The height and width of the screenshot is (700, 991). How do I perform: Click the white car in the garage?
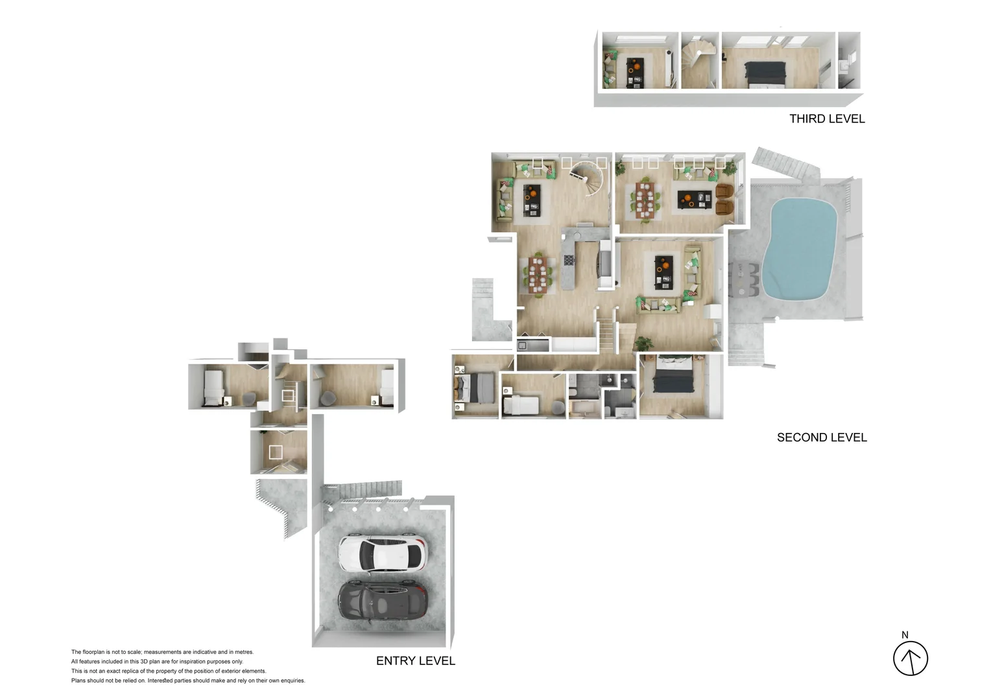tap(383, 554)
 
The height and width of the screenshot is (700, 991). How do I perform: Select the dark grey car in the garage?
tap(383, 603)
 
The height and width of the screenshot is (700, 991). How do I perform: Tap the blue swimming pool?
tap(798, 249)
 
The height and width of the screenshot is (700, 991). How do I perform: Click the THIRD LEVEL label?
tap(827, 119)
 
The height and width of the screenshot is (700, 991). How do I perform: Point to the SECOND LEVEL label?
tap(822, 437)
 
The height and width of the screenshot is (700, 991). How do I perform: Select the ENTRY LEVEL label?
tap(416, 661)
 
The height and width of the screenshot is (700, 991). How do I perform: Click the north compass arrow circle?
tap(911, 659)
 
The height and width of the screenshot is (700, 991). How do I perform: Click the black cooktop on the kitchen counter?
tap(569, 261)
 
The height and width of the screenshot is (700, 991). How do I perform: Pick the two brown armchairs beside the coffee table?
tap(724, 198)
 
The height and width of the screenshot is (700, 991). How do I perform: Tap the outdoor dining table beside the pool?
tap(745, 279)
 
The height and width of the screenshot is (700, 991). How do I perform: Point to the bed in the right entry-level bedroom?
tap(387, 387)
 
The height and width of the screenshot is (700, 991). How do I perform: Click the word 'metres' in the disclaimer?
tap(244, 652)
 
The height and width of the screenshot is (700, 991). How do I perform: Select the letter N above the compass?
tap(905, 635)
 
